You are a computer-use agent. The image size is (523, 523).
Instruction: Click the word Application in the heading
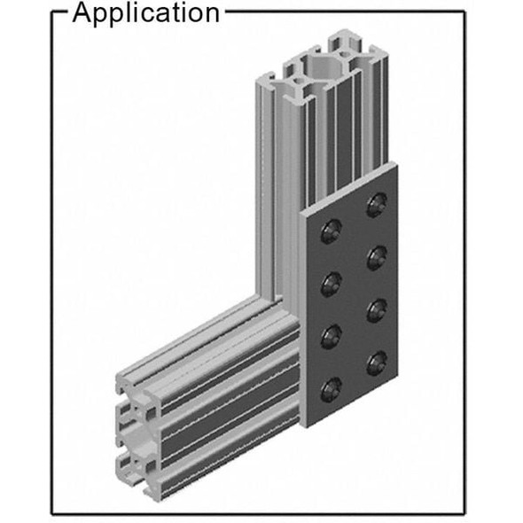(x=145, y=13)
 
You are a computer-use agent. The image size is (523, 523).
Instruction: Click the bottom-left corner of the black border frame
(x=51, y=513)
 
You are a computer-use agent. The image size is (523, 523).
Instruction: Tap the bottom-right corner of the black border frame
(x=464, y=513)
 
